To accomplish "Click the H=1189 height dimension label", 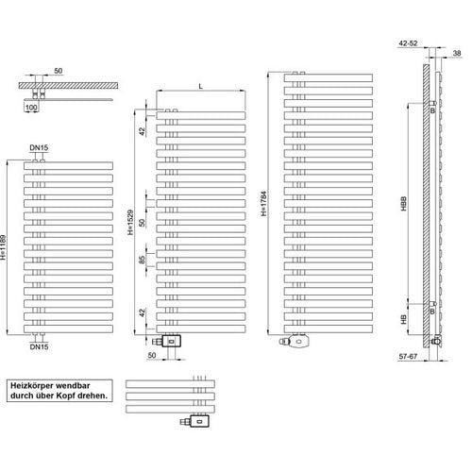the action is (x=4, y=247).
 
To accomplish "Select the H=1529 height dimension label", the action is (x=130, y=223).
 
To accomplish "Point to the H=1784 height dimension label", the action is (x=263, y=204).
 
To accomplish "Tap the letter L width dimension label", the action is (x=201, y=86).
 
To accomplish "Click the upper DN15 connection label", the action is (x=39, y=147).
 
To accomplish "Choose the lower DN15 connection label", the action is (x=39, y=346).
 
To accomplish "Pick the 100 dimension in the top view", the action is (x=31, y=108).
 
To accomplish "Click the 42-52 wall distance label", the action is (x=408, y=43).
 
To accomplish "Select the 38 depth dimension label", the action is (x=457, y=53).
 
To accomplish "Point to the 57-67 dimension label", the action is (x=408, y=356).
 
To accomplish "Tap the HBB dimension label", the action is (x=404, y=204).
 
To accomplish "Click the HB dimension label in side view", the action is (x=404, y=319).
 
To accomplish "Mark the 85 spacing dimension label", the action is (x=143, y=260).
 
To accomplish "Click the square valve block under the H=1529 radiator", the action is (x=171, y=342).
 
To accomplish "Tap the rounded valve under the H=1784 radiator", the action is (x=300, y=341).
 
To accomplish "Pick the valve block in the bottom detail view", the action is (x=199, y=421).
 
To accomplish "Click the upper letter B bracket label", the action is (x=432, y=110).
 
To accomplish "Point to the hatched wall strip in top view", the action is (x=68, y=86).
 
